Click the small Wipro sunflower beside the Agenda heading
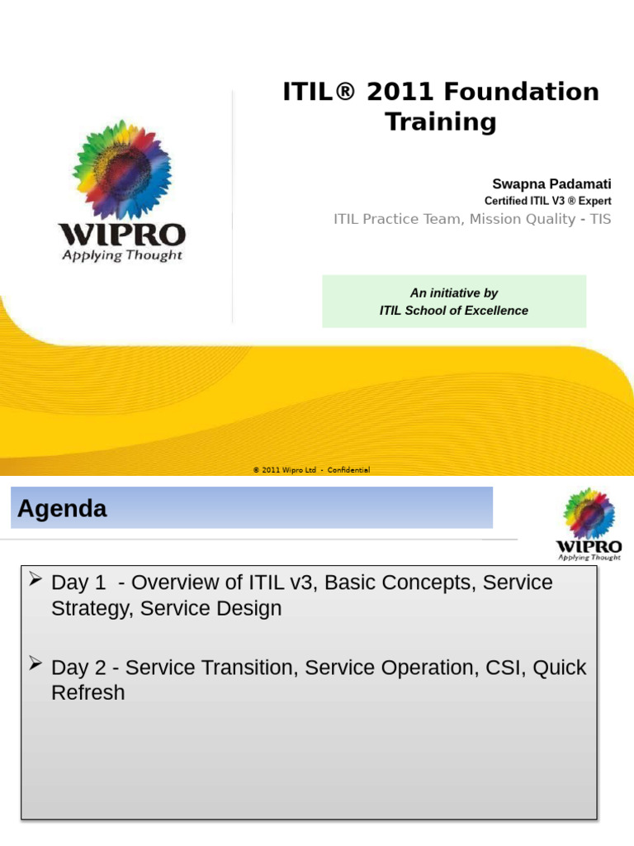pyautogui.click(x=589, y=513)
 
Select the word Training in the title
pyautogui.click(x=441, y=122)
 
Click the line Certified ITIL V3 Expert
pyautogui.click(x=547, y=201)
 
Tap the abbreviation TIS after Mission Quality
pyautogui.click(x=600, y=219)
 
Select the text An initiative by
pyautogui.click(x=453, y=293)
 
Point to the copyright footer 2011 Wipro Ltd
pyautogui.click(x=311, y=470)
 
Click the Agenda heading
pyautogui.click(x=63, y=509)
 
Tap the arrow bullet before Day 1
pyautogui.click(x=35, y=581)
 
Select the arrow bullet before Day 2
pyautogui.click(x=35, y=665)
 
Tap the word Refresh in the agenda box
pyautogui.click(x=88, y=692)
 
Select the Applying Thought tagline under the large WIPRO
pyautogui.click(x=122, y=255)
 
